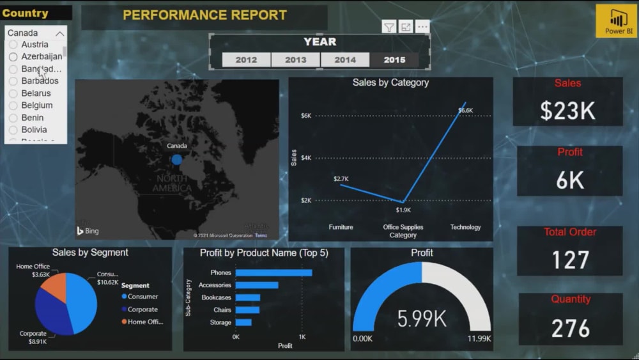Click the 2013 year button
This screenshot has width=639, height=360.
point(295,59)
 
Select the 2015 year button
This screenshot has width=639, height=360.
point(394,59)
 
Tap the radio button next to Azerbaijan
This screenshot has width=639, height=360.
point(13,57)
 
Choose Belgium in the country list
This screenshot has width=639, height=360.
point(36,106)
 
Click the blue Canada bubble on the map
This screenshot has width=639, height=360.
point(177,159)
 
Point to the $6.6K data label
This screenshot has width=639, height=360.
point(465,111)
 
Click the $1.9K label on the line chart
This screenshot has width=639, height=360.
point(403,210)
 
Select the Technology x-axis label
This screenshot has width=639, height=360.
point(465,227)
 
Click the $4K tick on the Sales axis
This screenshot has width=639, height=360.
point(306,158)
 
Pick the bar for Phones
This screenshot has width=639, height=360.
point(273,273)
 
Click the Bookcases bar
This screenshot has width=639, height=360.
point(248,297)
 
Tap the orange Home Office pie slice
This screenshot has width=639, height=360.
point(55,287)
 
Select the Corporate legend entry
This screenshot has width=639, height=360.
point(142,309)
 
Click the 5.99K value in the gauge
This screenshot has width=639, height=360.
point(421,318)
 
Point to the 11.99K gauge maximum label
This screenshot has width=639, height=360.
point(478,338)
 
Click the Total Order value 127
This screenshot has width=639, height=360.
point(570,260)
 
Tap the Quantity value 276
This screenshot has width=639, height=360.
point(570,328)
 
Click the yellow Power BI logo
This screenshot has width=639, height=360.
point(616,21)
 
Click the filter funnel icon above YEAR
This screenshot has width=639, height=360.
point(389,27)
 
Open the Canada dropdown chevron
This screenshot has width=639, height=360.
point(60,33)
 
